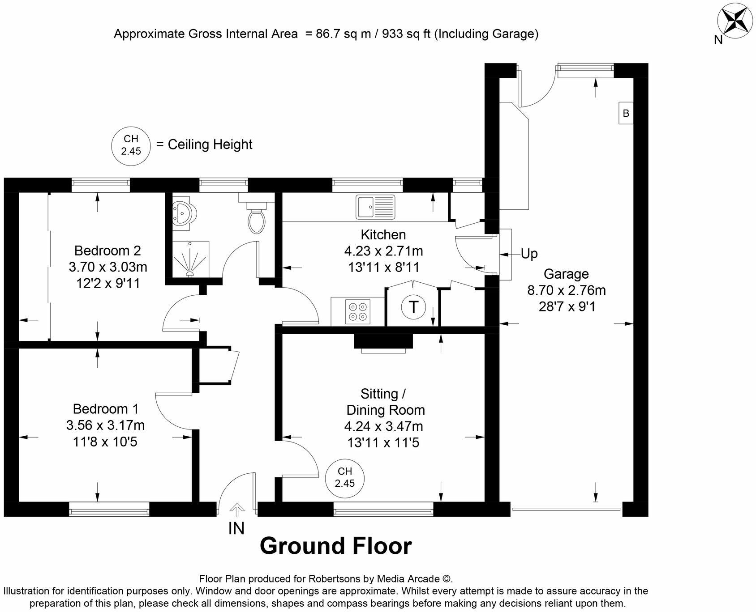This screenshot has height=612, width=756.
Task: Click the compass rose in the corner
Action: click(735, 21)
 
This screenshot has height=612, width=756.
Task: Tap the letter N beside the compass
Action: click(718, 40)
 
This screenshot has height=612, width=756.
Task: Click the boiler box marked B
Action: click(626, 114)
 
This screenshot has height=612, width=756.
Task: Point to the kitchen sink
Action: click(375, 207)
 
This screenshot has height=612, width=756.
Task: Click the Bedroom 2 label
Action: click(107, 250)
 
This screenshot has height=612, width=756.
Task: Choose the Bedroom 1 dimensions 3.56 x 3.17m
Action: click(106, 425)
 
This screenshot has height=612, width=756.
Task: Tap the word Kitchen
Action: click(383, 234)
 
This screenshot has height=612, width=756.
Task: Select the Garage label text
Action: click(566, 274)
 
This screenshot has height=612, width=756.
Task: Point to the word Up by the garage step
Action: click(529, 254)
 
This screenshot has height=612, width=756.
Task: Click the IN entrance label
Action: click(236, 529)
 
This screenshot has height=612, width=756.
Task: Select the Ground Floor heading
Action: click(335, 546)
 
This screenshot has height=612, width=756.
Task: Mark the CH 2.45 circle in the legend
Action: click(131, 145)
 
